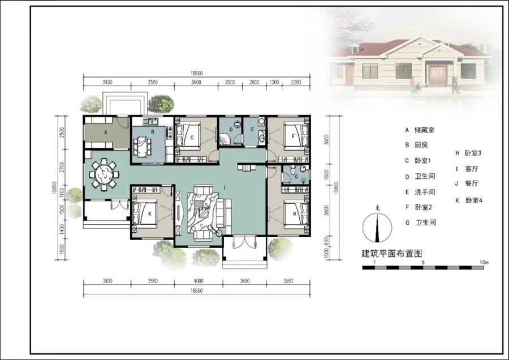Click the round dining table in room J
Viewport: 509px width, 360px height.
104,174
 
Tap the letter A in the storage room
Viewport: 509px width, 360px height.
106,132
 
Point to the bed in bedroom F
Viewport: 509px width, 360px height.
295,136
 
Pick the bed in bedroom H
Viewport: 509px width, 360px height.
295,213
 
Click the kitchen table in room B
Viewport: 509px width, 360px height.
142,147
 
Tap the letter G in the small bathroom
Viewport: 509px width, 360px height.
296,177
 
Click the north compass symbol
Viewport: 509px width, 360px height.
377,227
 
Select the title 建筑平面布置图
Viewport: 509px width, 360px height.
392,253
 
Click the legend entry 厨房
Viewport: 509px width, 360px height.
421,145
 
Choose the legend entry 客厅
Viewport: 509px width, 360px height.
471,169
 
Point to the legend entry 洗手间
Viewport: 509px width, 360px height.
425,192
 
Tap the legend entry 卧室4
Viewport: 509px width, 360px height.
473,200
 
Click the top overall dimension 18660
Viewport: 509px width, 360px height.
196,74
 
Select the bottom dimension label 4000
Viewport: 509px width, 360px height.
199,281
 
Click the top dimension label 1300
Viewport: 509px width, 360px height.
274,82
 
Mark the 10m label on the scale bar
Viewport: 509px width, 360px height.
484,262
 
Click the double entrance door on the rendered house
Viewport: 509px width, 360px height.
437,75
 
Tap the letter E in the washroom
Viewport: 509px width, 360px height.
252,129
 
